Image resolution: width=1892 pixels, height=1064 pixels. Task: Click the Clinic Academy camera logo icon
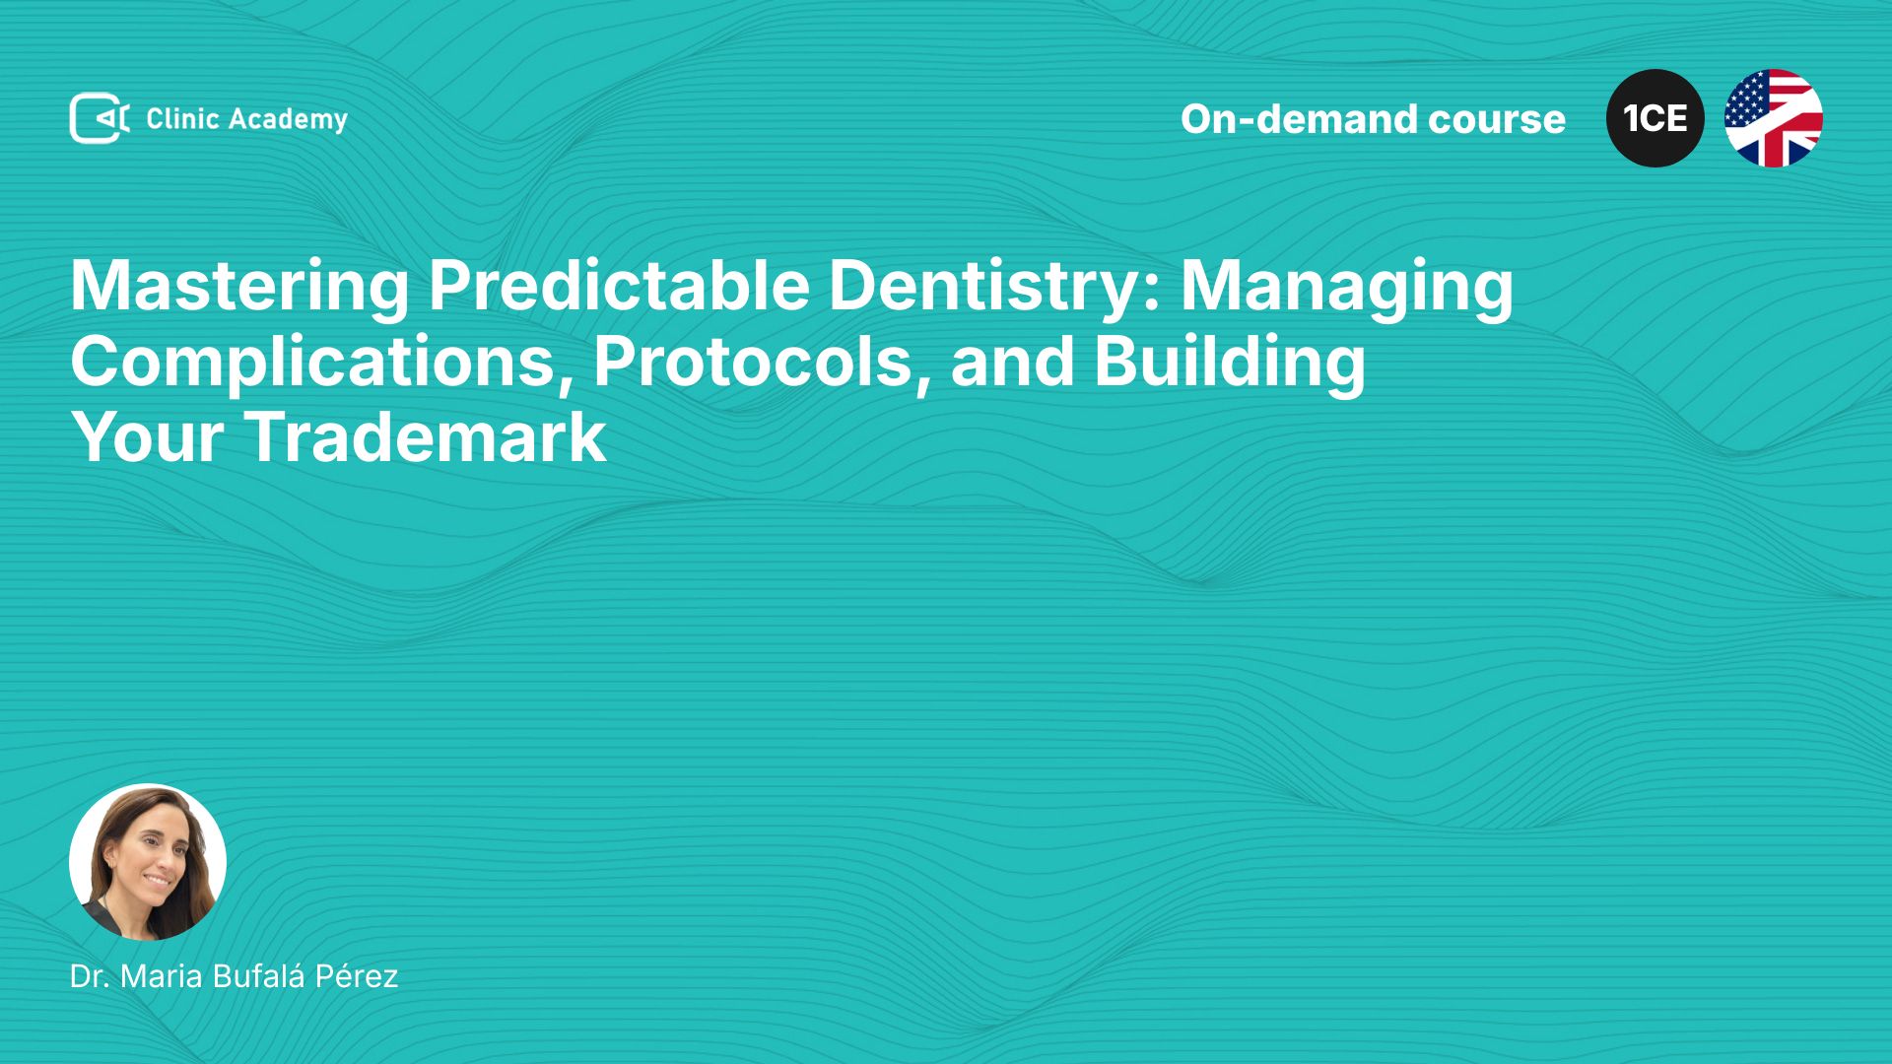click(100, 118)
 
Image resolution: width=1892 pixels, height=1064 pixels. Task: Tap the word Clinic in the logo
click(182, 119)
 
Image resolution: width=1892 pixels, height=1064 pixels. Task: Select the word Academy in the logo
click(288, 120)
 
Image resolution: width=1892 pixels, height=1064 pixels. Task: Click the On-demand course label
click(1373, 119)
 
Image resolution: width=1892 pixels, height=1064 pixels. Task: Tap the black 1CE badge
click(1655, 118)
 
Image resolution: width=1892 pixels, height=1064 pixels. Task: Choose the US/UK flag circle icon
click(1774, 118)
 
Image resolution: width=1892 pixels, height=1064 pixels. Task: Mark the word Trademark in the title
click(425, 437)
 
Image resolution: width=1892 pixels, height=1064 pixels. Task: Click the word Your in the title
click(147, 437)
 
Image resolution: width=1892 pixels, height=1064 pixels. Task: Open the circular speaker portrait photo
click(148, 862)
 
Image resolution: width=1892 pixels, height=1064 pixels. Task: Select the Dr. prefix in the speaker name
click(89, 976)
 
